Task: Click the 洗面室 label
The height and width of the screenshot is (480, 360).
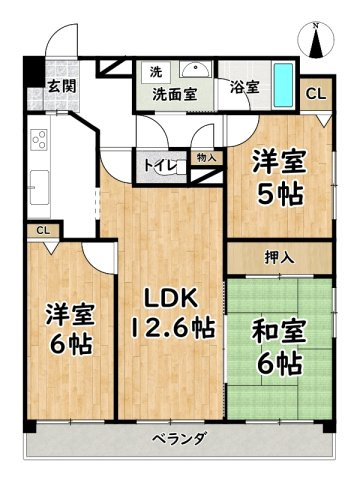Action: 175,94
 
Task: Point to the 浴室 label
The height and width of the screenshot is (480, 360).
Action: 244,87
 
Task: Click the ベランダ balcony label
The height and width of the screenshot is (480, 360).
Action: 180,439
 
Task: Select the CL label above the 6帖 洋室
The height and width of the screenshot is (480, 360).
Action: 43,231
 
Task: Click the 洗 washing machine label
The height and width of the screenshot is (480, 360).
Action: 156,72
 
